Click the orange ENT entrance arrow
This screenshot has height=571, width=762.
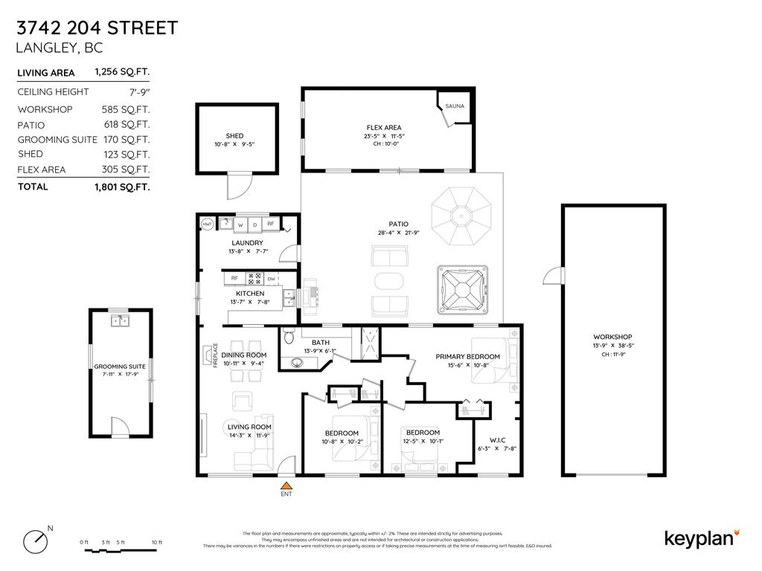[x=286, y=485]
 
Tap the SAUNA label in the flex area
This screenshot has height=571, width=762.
[x=454, y=106]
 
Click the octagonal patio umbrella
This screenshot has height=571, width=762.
[x=462, y=216]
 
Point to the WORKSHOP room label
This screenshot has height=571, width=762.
[x=613, y=337]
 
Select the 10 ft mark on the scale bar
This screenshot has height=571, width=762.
[x=156, y=542]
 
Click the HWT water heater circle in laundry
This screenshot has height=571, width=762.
[x=208, y=224]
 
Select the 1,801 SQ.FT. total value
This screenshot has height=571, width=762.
[x=122, y=187]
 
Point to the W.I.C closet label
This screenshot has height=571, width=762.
[x=496, y=439]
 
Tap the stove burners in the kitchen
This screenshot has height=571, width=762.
[x=254, y=279]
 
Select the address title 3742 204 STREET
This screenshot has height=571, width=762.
[x=97, y=28]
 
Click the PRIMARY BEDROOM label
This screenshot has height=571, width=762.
[x=467, y=357]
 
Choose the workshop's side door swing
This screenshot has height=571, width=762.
[x=553, y=276]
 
